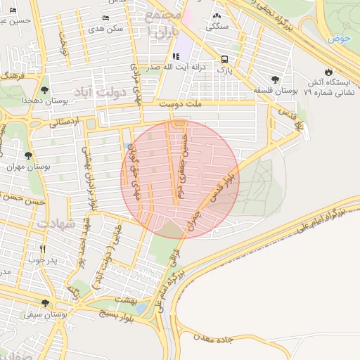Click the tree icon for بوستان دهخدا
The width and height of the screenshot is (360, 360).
tap(45, 90)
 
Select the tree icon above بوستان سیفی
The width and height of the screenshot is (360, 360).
tap(45, 303)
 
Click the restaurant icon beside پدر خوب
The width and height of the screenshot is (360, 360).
tap(43, 249)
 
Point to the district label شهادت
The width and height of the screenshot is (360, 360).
tap(56, 224)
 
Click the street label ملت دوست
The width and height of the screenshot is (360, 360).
tap(180, 104)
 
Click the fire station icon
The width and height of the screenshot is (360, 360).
tap(328, 72)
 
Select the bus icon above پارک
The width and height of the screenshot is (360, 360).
tap(224, 59)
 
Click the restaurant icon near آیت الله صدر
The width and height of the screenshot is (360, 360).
tap(176, 57)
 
